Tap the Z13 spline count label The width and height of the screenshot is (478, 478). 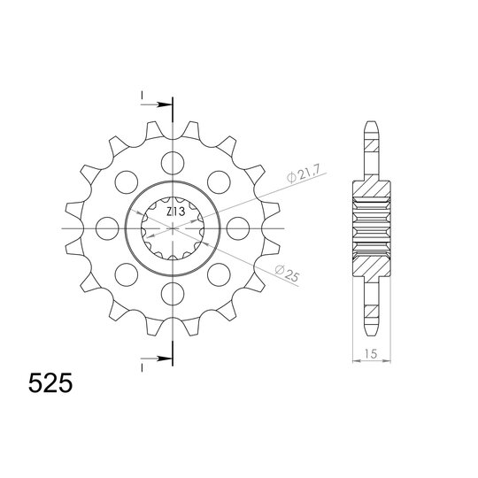click(175, 212)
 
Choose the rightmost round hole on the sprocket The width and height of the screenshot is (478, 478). click(236, 227)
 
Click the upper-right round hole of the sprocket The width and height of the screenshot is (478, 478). click(219, 181)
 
